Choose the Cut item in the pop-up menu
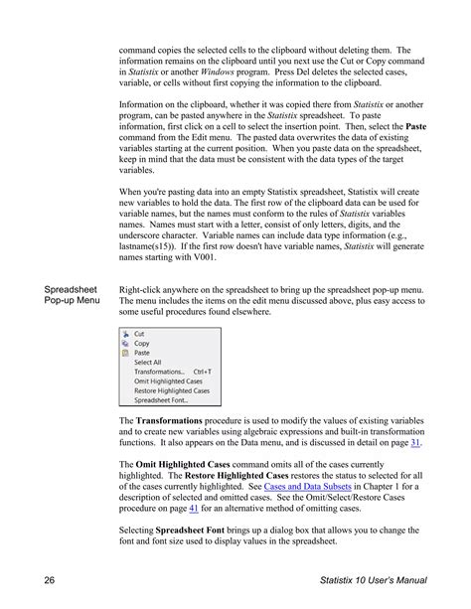click(140, 334)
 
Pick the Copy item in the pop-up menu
click(142, 344)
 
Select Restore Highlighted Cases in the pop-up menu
click(172, 390)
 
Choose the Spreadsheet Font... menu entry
click(160, 400)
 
